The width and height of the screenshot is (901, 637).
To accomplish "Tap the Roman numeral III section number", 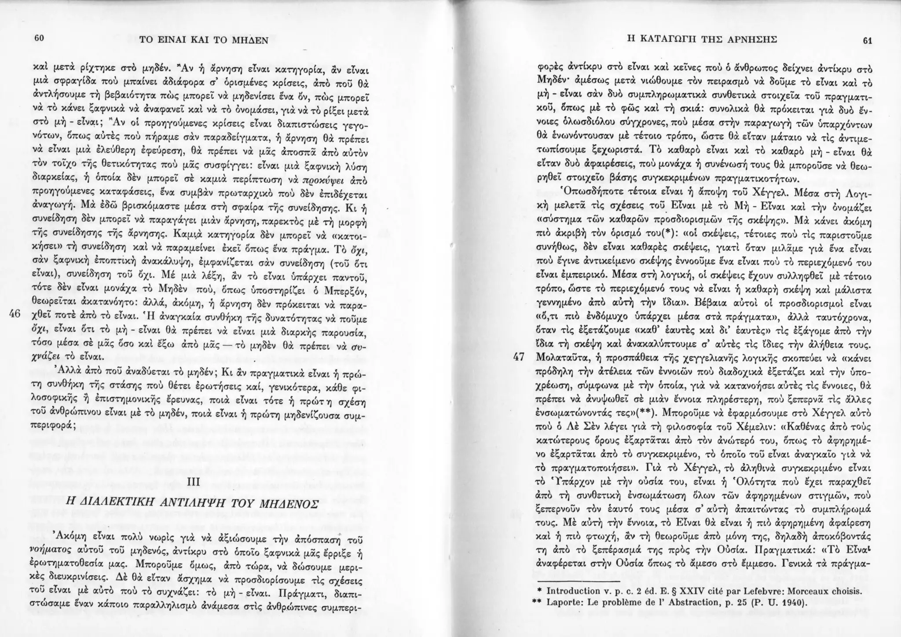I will click(194, 483).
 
